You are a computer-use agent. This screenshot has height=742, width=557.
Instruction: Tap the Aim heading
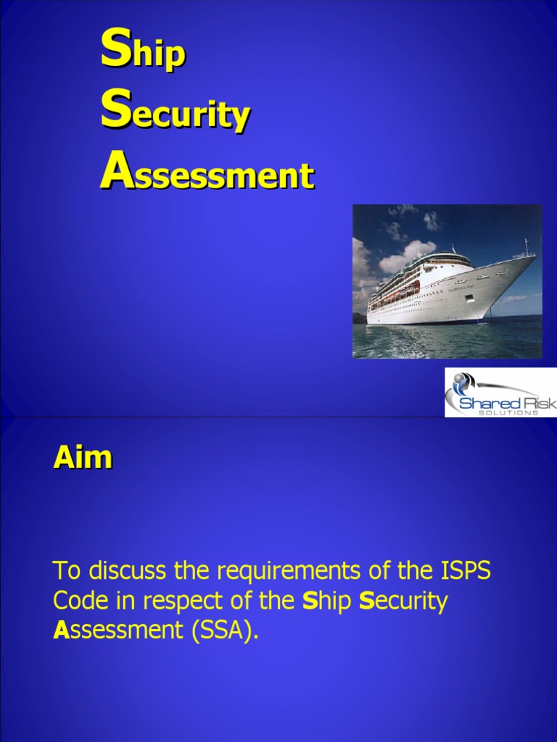pyautogui.click(x=82, y=457)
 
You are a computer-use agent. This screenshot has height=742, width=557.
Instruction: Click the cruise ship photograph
pyautogui.click(x=447, y=281)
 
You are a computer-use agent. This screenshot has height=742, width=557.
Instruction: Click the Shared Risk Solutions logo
pyautogui.click(x=500, y=392)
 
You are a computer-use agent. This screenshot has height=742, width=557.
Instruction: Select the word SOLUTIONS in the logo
pyautogui.click(x=508, y=413)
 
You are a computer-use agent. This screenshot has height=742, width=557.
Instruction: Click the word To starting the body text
pyautogui.click(x=67, y=571)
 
